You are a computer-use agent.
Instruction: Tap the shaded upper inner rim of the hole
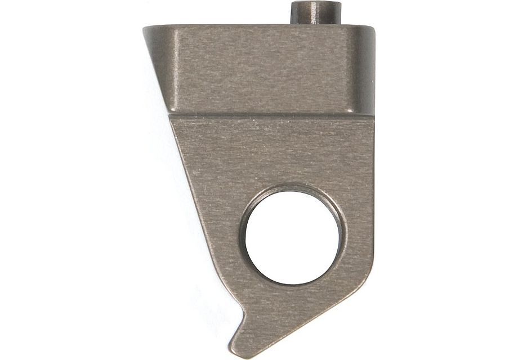pyautogui.click(x=293, y=190)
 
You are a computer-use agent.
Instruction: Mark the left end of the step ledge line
pyautogui.click(x=169, y=114)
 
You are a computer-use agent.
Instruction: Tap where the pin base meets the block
pyautogui.click(x=316, y=24)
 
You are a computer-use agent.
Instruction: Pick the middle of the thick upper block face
pyautogui.click(x=265, y=70)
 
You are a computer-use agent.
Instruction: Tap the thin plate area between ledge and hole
pyautogui.click(x=282, y=152)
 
